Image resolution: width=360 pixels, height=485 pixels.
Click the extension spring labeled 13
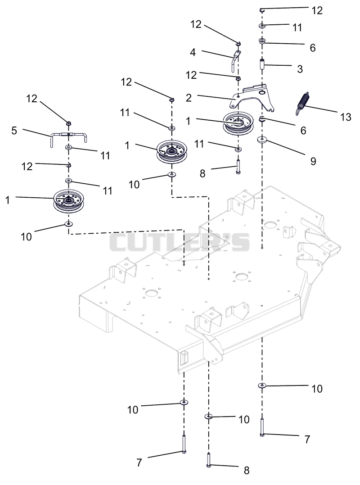point(302,104)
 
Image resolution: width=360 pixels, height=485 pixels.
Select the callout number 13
point(346,117)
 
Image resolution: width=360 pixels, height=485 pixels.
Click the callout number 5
point(14,131)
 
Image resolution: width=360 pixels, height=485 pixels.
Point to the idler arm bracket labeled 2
point(252,97)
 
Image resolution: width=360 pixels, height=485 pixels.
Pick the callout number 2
point(189,98)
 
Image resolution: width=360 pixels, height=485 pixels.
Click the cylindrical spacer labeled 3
point(262,65)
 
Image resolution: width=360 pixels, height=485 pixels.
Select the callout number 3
point(300,68)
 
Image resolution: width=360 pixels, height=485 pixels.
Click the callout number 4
point(193,52)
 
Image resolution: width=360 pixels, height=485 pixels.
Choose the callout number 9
point(313,161)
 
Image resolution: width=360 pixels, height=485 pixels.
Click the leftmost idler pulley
point(68,201)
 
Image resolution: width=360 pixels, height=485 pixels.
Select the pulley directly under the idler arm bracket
point(238,123)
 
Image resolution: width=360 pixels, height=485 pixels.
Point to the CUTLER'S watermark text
point(180,242)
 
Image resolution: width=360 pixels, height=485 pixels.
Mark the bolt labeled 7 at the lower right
point(262,427)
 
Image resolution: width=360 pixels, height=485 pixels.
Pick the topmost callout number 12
point(317,10)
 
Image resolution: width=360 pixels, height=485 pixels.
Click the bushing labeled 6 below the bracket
point(262,119)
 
